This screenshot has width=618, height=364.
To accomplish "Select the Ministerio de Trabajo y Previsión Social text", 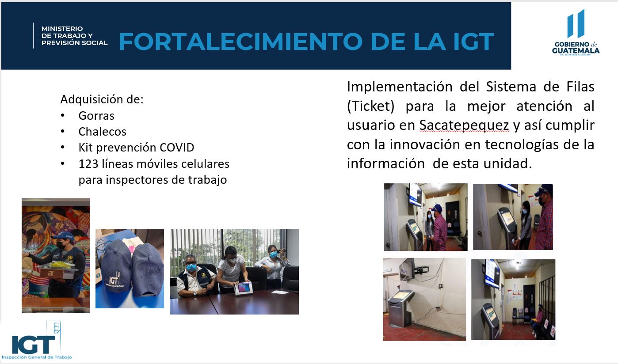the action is [x=74, y=36].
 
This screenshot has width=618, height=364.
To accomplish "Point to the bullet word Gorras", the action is [x=96, y=116].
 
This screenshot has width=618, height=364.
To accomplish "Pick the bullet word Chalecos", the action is [x=103, y=132].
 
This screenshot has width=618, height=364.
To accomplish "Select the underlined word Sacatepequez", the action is [x=464, y=126].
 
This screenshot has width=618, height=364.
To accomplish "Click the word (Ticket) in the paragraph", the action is [x=371, y=106].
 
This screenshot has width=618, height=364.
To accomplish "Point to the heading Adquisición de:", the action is [x=102, y=99].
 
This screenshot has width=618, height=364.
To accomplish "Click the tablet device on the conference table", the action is [x=243, y=288].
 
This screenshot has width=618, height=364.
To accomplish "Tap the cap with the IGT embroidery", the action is [x=114, y=269].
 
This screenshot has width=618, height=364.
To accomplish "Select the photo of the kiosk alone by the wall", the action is [x=424, y=300].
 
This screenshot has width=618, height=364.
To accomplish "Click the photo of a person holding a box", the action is [x=56, y=255].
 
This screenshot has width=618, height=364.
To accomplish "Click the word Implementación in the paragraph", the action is [x=400, y=87].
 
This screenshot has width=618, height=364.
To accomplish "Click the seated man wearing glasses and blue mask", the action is [x=195, y=277].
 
